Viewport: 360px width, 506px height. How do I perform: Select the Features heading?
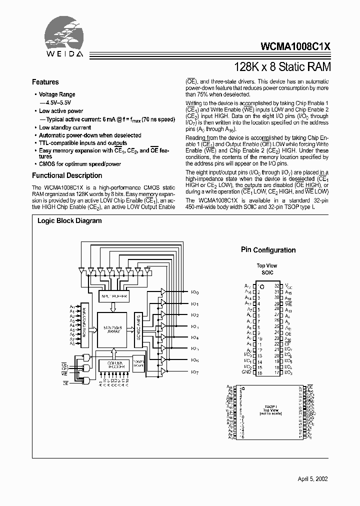click(45, 82)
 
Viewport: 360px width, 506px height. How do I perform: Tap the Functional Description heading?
click(67, 175)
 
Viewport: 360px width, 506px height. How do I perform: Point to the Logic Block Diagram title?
click(69, 220)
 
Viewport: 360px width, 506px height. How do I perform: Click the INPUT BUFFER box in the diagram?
click(114, 296)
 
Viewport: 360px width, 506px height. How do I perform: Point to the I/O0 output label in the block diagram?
click(195, 292)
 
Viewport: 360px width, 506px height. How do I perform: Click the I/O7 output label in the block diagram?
click(195, 372)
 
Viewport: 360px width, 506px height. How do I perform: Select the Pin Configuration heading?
click(268, 250)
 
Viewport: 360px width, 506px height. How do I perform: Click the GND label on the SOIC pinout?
click(246, 372)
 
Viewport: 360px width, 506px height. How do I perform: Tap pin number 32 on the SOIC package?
click(276, 285)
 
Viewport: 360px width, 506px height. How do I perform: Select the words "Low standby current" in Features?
click(65, 127)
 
